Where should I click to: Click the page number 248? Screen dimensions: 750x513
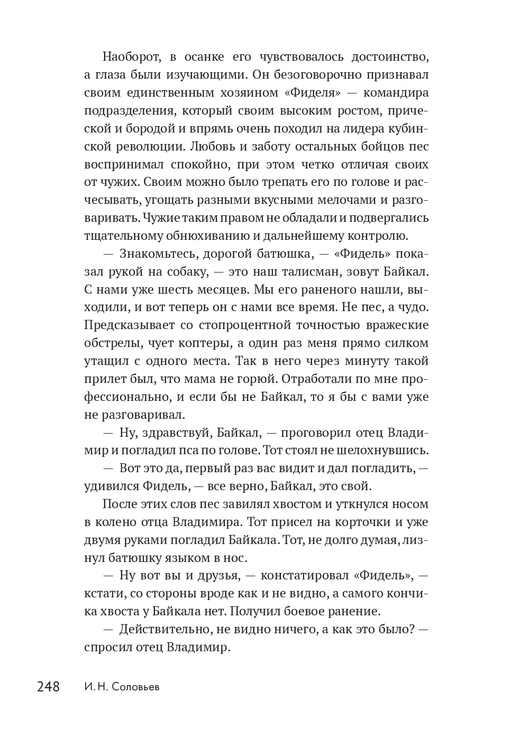[48, 687]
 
